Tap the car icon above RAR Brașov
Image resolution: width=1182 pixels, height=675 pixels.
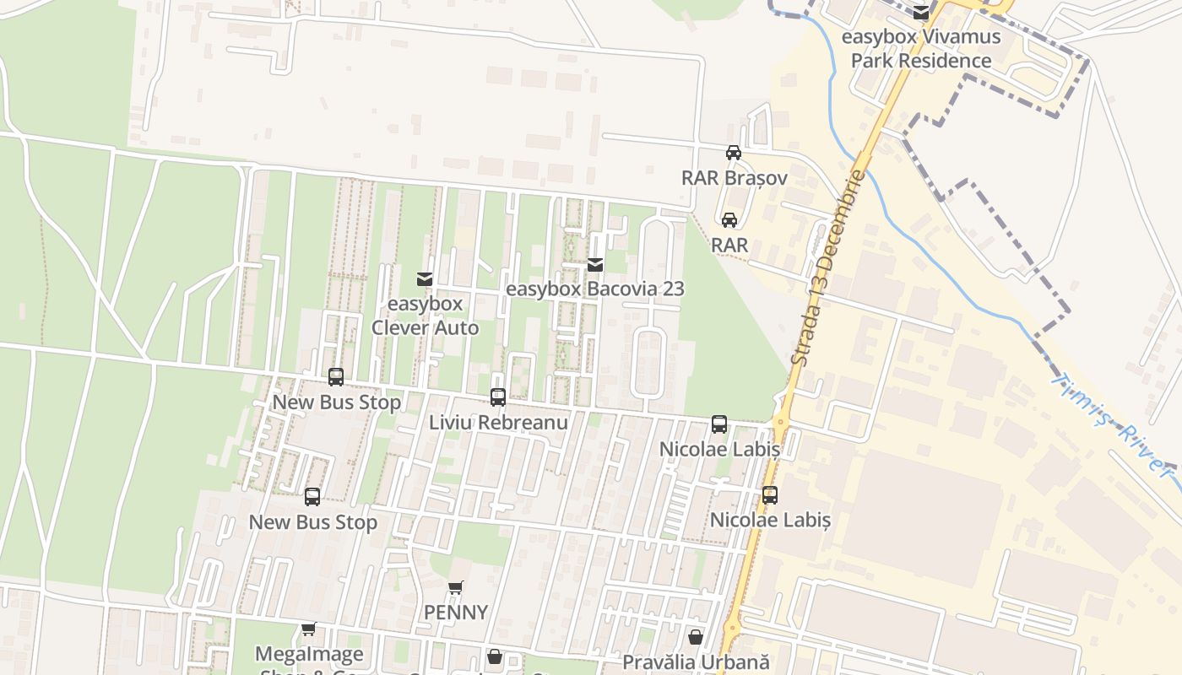click(x=734, y=153)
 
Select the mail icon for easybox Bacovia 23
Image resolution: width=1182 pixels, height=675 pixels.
click(x=595, y=265)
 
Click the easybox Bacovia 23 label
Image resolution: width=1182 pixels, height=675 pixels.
click(x=594, y=289)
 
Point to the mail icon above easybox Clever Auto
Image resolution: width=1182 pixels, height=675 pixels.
click(x=425, y=278)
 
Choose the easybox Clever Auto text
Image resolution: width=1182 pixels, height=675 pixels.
click(x=425, y=316)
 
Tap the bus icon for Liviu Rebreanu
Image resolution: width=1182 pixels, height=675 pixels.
click(x=498, y=397)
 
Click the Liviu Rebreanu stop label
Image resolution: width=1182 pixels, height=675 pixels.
click(x=498, y=422)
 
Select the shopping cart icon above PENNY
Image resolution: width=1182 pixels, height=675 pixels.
click(x=456, y=587)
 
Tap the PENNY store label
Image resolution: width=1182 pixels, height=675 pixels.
click(x=456, y=612)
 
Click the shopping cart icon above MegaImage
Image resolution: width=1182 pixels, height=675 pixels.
click(x=309, y=629)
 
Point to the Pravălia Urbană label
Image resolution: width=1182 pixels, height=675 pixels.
click(x=697, y=662)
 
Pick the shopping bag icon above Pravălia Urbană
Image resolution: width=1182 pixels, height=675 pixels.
click(x=696, y=637)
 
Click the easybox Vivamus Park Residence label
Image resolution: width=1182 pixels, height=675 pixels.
click(x=921, y=49)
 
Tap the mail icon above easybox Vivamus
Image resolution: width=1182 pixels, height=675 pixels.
click(x=921, y=13)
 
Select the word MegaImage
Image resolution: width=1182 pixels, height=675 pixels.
click(x=309, y=654)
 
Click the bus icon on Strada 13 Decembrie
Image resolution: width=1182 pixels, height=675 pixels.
click(x=770, y=495)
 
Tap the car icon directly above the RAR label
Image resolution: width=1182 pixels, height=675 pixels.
click(x=729, y=220)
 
